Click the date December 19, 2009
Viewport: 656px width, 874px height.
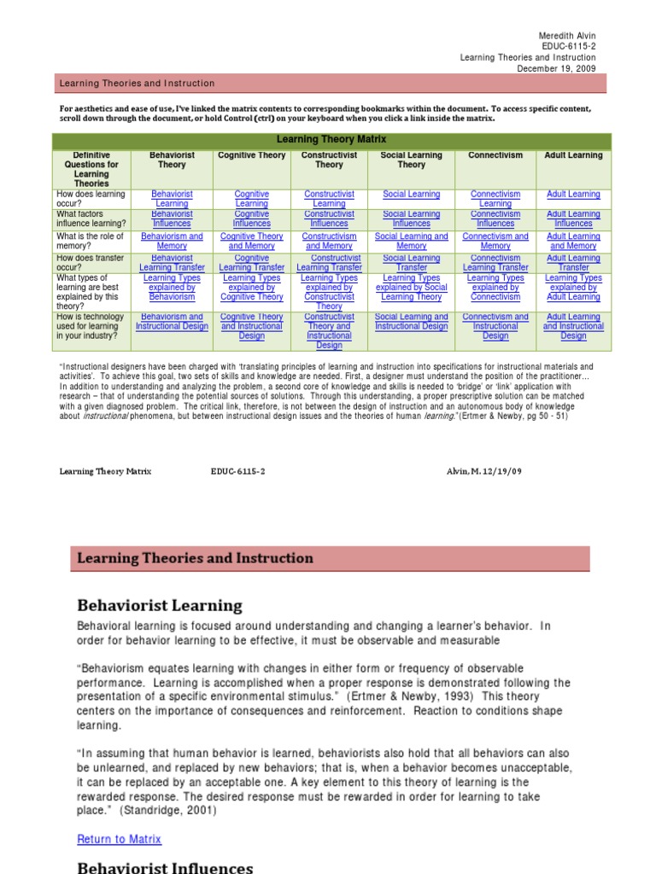click(556, 68)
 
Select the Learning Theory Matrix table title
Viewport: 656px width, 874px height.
click(332, 139)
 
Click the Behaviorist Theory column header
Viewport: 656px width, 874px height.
click(172, 160)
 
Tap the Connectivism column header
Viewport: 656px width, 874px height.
click(495, 155)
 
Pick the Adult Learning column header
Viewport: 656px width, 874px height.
click(573, 155)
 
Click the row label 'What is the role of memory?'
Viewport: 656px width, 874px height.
click(90, 242)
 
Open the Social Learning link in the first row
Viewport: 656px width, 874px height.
click(411, 195)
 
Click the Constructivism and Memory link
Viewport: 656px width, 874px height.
click(329, 242)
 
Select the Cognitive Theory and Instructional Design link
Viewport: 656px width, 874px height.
click(251, 326)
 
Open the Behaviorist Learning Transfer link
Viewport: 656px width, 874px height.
click(172, 263)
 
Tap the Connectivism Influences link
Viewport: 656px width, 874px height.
click(495, 219)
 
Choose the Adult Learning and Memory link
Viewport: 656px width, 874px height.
click(573, 242)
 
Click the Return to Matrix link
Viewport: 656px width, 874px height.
click(119, 840)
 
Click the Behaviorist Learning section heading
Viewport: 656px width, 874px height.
click(160, 606)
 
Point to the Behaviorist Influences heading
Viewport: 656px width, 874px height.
click(165, 867)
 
